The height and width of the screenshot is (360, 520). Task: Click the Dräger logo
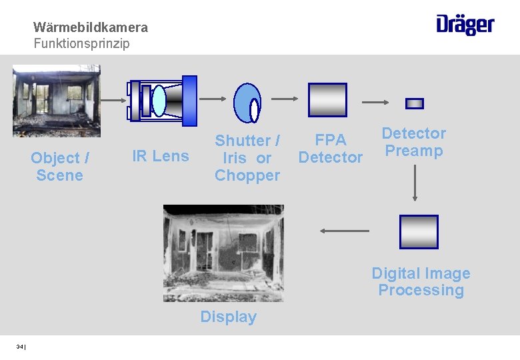(465, 25)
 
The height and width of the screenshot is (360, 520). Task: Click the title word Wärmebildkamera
(91, 28)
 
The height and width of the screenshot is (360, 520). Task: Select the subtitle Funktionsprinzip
(82, 44)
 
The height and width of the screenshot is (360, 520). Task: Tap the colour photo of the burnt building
(57, 101)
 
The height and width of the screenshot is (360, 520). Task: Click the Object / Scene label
(60, 167)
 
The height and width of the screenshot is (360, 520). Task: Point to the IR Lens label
(161, 156)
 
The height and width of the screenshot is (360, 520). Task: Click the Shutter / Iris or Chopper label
(247, 158)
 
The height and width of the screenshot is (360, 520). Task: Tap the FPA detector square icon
(327, 100)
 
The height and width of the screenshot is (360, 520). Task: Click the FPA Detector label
(331, 149)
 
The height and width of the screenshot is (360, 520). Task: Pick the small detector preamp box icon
(415, 103)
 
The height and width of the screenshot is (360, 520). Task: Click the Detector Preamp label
(414, 142)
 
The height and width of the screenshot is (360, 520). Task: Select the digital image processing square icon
(419, 232)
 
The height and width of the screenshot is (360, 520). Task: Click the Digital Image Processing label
(421, 282)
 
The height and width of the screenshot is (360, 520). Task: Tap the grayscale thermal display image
(223, 253)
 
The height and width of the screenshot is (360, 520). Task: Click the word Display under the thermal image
(228, 317)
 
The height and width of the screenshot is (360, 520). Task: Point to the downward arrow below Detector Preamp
(415, 182)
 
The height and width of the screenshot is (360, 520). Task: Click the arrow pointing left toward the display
(344, 231)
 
